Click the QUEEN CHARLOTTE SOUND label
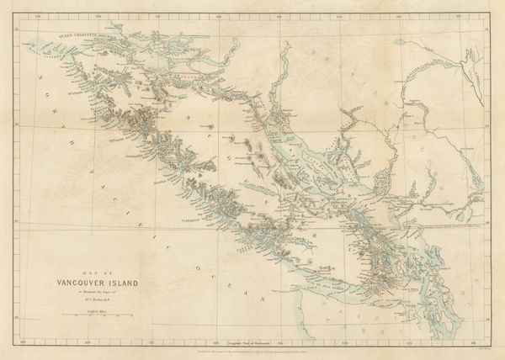[81, 34]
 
